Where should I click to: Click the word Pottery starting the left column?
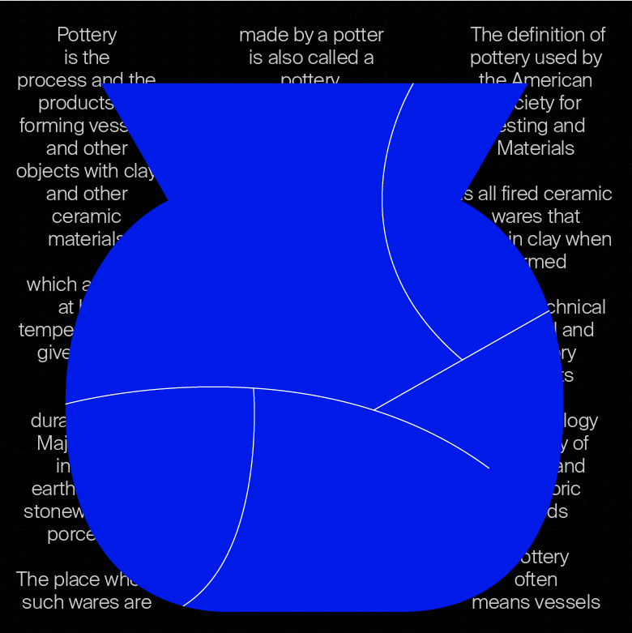87,35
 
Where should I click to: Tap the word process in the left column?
45,80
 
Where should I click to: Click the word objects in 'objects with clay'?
47,171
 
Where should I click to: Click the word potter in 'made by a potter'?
357,35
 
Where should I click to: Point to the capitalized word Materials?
536,148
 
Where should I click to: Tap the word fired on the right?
515,194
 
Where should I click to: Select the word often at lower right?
536,580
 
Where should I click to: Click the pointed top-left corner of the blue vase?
103,83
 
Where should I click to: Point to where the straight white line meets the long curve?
374,410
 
